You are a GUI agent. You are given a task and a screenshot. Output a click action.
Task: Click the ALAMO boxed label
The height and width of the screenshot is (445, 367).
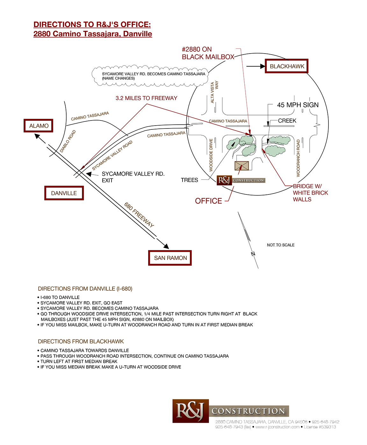pos(38,126)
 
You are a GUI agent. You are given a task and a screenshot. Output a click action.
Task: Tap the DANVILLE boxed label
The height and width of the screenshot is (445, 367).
pos(64,193)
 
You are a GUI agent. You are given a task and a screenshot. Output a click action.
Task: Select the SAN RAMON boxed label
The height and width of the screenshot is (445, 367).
pos(170,258)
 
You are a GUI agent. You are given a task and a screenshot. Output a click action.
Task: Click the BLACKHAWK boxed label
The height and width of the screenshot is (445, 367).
pos(287,66)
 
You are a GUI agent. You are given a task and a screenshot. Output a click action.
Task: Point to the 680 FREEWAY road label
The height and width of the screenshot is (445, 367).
pos(139,215)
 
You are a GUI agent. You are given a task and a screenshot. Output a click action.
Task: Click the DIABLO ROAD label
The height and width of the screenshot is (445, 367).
pos(68,141)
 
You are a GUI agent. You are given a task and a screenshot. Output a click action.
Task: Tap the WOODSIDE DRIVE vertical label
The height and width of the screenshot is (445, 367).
pos(211,155)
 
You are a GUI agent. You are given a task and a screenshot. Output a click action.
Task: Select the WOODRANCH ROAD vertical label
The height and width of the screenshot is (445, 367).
pos(298,158)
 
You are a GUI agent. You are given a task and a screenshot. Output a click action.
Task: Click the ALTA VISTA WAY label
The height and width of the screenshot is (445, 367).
pos(214,91)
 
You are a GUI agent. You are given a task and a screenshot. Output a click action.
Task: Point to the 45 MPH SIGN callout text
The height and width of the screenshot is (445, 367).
pos(298,105)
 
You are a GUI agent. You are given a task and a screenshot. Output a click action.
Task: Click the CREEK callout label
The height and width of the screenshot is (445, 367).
pos(287,120)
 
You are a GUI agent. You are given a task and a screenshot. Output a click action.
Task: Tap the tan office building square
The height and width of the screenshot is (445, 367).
pos(241,166)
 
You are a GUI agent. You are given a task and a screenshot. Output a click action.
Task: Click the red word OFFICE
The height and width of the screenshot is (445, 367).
pos(208,201)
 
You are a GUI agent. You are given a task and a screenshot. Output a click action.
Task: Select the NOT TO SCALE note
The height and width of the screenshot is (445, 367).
pos(281,245)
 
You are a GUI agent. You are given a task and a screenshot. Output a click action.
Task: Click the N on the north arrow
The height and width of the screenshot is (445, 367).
pos(253,254)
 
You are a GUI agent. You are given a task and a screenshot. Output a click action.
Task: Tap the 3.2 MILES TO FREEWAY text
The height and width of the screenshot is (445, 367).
pos(146,98)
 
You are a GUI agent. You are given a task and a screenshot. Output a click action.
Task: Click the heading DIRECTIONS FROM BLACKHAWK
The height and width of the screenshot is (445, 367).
pos(81,341)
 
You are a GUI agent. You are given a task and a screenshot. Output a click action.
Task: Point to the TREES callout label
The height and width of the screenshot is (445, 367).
pos(189,180)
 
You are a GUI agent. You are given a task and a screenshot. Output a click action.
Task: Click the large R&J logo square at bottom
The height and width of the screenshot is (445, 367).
pos(191,411)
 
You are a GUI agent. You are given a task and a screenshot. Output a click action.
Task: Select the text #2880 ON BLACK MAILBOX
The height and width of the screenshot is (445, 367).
pos(208,53)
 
